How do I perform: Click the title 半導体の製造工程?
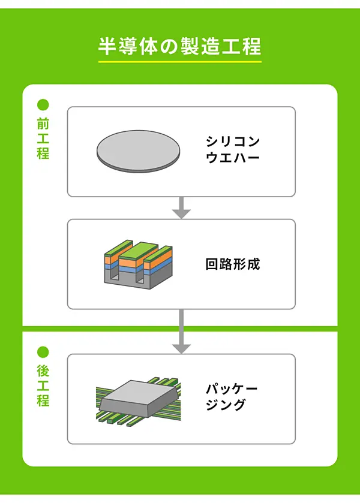[x=179, y=46]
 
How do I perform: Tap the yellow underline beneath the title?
[x=179, y=61]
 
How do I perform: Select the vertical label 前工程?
[x=43, y=138]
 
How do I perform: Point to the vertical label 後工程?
[x=43, y=385]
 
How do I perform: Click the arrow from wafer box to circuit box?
[x=181, y=207]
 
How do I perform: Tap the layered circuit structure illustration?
[x=137, y=264]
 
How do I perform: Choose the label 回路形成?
[x=233, y=264]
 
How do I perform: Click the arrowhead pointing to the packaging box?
[x=181, y=347]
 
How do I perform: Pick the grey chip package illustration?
[x=139, y=399]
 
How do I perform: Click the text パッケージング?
[x=231, y=397]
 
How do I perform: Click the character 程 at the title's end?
[x=252, y=46]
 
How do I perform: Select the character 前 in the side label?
[x=43, y=124]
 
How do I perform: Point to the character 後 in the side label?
[x=43, y=371]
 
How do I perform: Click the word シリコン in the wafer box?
[x=233, y=142]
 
